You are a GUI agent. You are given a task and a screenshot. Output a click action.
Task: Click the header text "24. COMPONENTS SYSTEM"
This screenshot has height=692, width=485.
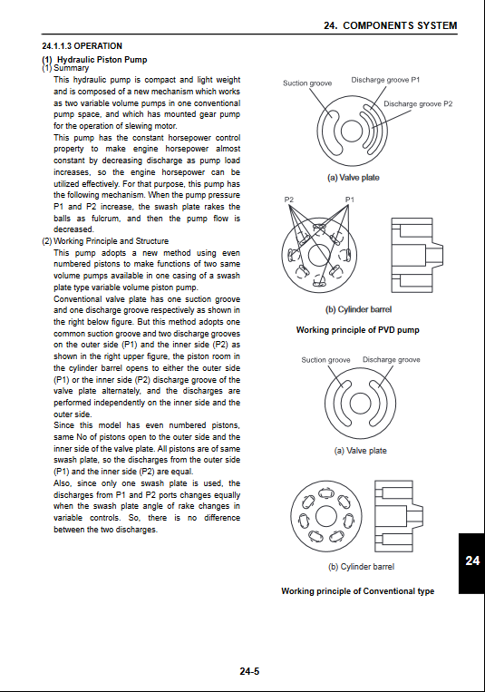(390, 25)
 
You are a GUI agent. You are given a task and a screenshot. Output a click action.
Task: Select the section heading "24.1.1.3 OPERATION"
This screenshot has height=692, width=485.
(82, 46)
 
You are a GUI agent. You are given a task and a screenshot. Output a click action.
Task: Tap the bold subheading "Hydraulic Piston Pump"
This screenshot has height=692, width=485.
(102, 60)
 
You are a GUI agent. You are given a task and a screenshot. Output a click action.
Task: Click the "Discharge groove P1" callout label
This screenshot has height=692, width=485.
(385, 80)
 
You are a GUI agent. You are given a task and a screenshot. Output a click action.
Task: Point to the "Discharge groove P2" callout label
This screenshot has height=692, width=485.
(418, 104)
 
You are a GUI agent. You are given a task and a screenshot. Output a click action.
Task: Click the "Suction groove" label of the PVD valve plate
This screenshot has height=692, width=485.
(307, 83)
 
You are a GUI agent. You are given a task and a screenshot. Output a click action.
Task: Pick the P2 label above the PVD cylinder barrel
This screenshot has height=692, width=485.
(288, 200)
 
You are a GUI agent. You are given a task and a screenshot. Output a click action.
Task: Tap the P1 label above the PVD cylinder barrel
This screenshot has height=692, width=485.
(350, 200)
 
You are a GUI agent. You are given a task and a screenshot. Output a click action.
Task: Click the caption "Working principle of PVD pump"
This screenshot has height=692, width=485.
(357, 330)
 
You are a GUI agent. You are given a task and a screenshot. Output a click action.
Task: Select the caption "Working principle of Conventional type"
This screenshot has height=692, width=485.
(357, 591)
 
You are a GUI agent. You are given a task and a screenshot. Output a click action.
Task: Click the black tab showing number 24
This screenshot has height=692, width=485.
(471, 563)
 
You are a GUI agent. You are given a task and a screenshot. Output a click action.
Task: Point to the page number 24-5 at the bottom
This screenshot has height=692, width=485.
(249, 671)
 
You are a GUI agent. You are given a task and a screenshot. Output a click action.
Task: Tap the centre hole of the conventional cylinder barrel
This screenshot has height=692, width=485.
(326, 516)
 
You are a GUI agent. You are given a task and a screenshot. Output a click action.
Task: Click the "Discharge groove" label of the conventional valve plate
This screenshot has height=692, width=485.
(391, 360)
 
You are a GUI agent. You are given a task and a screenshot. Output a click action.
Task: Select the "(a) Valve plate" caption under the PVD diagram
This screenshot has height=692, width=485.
(353, 178)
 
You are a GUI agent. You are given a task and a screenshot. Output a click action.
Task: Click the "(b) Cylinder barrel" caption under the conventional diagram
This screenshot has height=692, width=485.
(362, 567)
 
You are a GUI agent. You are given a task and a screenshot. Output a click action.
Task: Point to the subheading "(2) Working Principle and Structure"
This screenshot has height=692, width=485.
(105, 241)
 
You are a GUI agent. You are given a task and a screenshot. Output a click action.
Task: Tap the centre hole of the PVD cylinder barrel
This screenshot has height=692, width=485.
(319, 256)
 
